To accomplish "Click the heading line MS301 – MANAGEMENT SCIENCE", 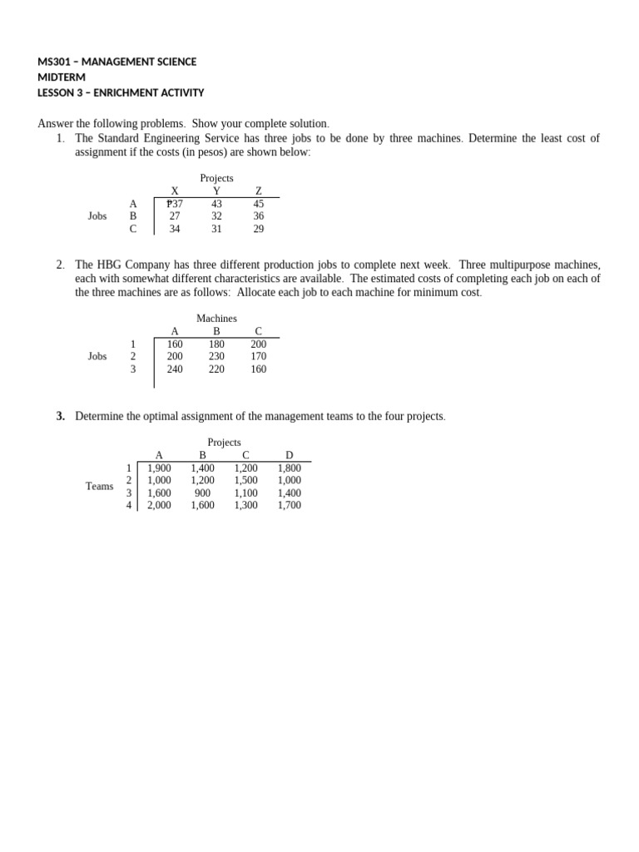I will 117,62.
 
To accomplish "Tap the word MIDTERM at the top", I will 62,77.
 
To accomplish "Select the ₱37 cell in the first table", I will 175,203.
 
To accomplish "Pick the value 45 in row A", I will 259,203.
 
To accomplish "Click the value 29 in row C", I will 259,229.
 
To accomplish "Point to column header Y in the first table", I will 216,191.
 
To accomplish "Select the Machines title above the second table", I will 216,318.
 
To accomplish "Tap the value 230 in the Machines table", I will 216,356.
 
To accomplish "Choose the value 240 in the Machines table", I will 175,369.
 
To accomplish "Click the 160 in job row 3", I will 259,369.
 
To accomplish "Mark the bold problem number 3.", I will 61,416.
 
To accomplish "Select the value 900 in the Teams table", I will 202,493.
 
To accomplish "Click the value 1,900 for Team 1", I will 159,468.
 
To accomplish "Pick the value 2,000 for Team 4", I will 159,505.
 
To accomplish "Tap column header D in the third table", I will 290,455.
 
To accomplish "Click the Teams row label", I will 99,486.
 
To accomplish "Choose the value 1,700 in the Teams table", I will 290,505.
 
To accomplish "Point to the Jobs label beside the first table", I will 97,215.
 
